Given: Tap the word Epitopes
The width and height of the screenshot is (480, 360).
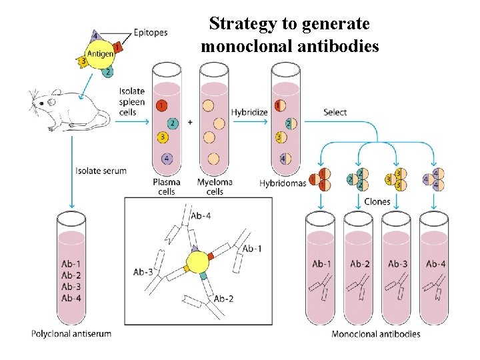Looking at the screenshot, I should click(x=151, y=31).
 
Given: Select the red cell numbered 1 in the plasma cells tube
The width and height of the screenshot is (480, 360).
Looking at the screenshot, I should click(x=161, y=105).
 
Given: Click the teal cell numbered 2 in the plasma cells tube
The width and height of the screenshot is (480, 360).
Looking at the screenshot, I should click(x=173, y=123).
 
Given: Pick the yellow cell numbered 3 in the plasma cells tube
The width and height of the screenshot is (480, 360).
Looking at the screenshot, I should click(x=161, y=138).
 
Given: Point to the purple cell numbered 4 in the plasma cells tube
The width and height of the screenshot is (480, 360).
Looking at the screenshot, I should click(x=167, y=159).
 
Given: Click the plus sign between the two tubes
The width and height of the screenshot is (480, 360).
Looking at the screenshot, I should click(x=191, y=122).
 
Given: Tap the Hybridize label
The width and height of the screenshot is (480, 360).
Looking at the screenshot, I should click(x=249, y=112).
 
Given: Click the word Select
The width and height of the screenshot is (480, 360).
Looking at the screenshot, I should click(x=335, y=112).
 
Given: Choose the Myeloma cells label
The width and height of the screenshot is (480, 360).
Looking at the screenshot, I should click(x=214, y=187).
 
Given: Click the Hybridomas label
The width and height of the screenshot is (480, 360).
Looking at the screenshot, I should click(x=282, y=183).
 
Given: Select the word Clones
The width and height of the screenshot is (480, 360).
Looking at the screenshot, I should click(x=377, y=201).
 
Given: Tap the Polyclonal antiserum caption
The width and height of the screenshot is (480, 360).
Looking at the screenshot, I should click(x=71, y=333).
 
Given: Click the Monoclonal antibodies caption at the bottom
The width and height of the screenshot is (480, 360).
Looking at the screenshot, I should click(x=376, y=333).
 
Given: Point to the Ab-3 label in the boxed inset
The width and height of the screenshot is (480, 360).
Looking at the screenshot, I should click(x=143, y=271).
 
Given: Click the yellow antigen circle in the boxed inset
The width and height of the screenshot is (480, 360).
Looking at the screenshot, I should click(x=198, y=262).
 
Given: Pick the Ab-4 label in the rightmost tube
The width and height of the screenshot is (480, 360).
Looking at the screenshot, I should click(x=435, y=264).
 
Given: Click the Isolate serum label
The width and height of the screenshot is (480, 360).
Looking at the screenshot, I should click(x=101, y=171).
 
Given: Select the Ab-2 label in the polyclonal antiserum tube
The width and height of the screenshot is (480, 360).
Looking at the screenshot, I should click(x=71, y=275).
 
